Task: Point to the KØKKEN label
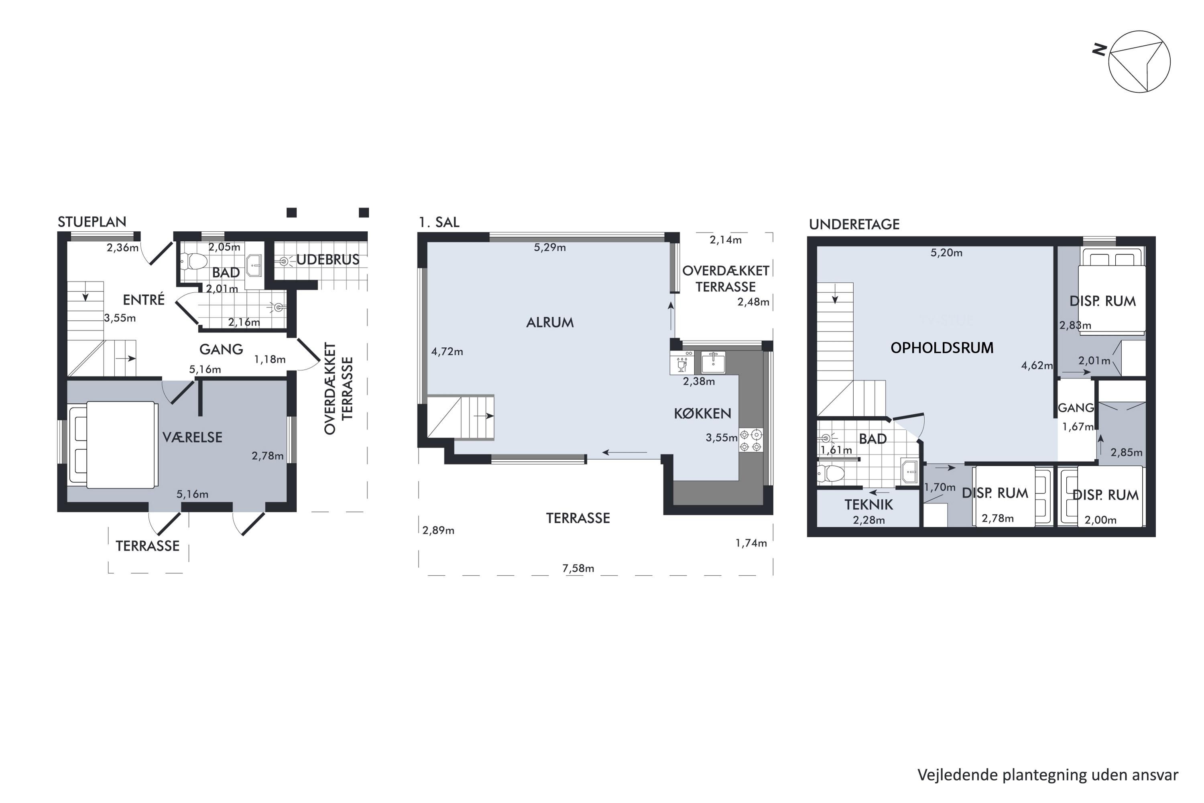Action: [x=702, y=413]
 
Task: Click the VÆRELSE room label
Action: [x=193, y=437]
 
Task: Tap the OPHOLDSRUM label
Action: [x=942, y=348]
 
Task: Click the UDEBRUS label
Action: [x=327, y=260]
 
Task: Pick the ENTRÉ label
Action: [x=144, y=300]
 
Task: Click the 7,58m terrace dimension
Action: [x=578, y=569]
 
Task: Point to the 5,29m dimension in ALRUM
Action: [x=550, y=248]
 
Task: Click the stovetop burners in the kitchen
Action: [x=751, y=440]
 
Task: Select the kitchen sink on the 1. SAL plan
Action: [x=713, y=363]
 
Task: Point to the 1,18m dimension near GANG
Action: [x=270, y=359]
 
